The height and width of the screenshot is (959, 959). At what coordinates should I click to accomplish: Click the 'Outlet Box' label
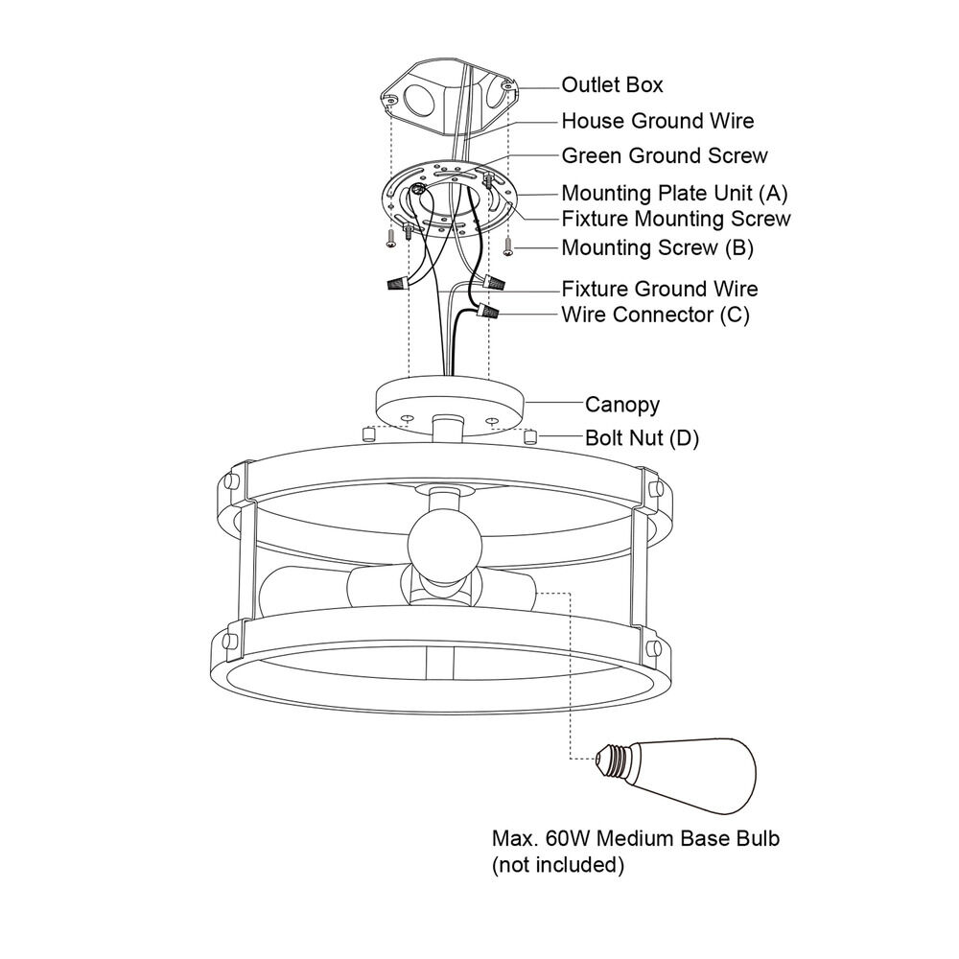pos(612,85)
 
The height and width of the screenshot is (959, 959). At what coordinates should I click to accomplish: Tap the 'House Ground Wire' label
pos(658,121)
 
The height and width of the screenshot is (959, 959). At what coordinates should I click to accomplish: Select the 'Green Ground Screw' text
pos(665,156)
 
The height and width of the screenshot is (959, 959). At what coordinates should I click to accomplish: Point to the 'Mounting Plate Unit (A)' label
pos(674,194)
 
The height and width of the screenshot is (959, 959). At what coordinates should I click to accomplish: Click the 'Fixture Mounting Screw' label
pos(676,219)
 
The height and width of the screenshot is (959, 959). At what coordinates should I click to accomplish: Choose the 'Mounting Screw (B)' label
pos(658,247)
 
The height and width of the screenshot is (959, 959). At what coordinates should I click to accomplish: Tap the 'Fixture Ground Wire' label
pos(660,289)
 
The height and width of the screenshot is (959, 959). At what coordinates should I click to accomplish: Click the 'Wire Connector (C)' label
pos(655,315)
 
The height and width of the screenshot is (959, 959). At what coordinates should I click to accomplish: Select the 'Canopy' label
pos(622,405)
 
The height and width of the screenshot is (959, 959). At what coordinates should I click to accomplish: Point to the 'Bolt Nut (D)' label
pos(642,438)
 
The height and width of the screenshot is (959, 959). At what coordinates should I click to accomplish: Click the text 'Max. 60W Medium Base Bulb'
pos(636,838)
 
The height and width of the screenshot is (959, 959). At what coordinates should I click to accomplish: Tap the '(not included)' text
pos(558,865)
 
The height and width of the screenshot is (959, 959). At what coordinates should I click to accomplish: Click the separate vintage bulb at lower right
pos(676,776)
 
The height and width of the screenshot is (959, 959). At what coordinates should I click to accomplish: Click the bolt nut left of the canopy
pos(368,434)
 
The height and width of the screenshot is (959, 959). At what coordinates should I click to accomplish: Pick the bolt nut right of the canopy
pos(530,436)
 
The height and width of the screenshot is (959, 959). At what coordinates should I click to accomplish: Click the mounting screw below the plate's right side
pos(508,246)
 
